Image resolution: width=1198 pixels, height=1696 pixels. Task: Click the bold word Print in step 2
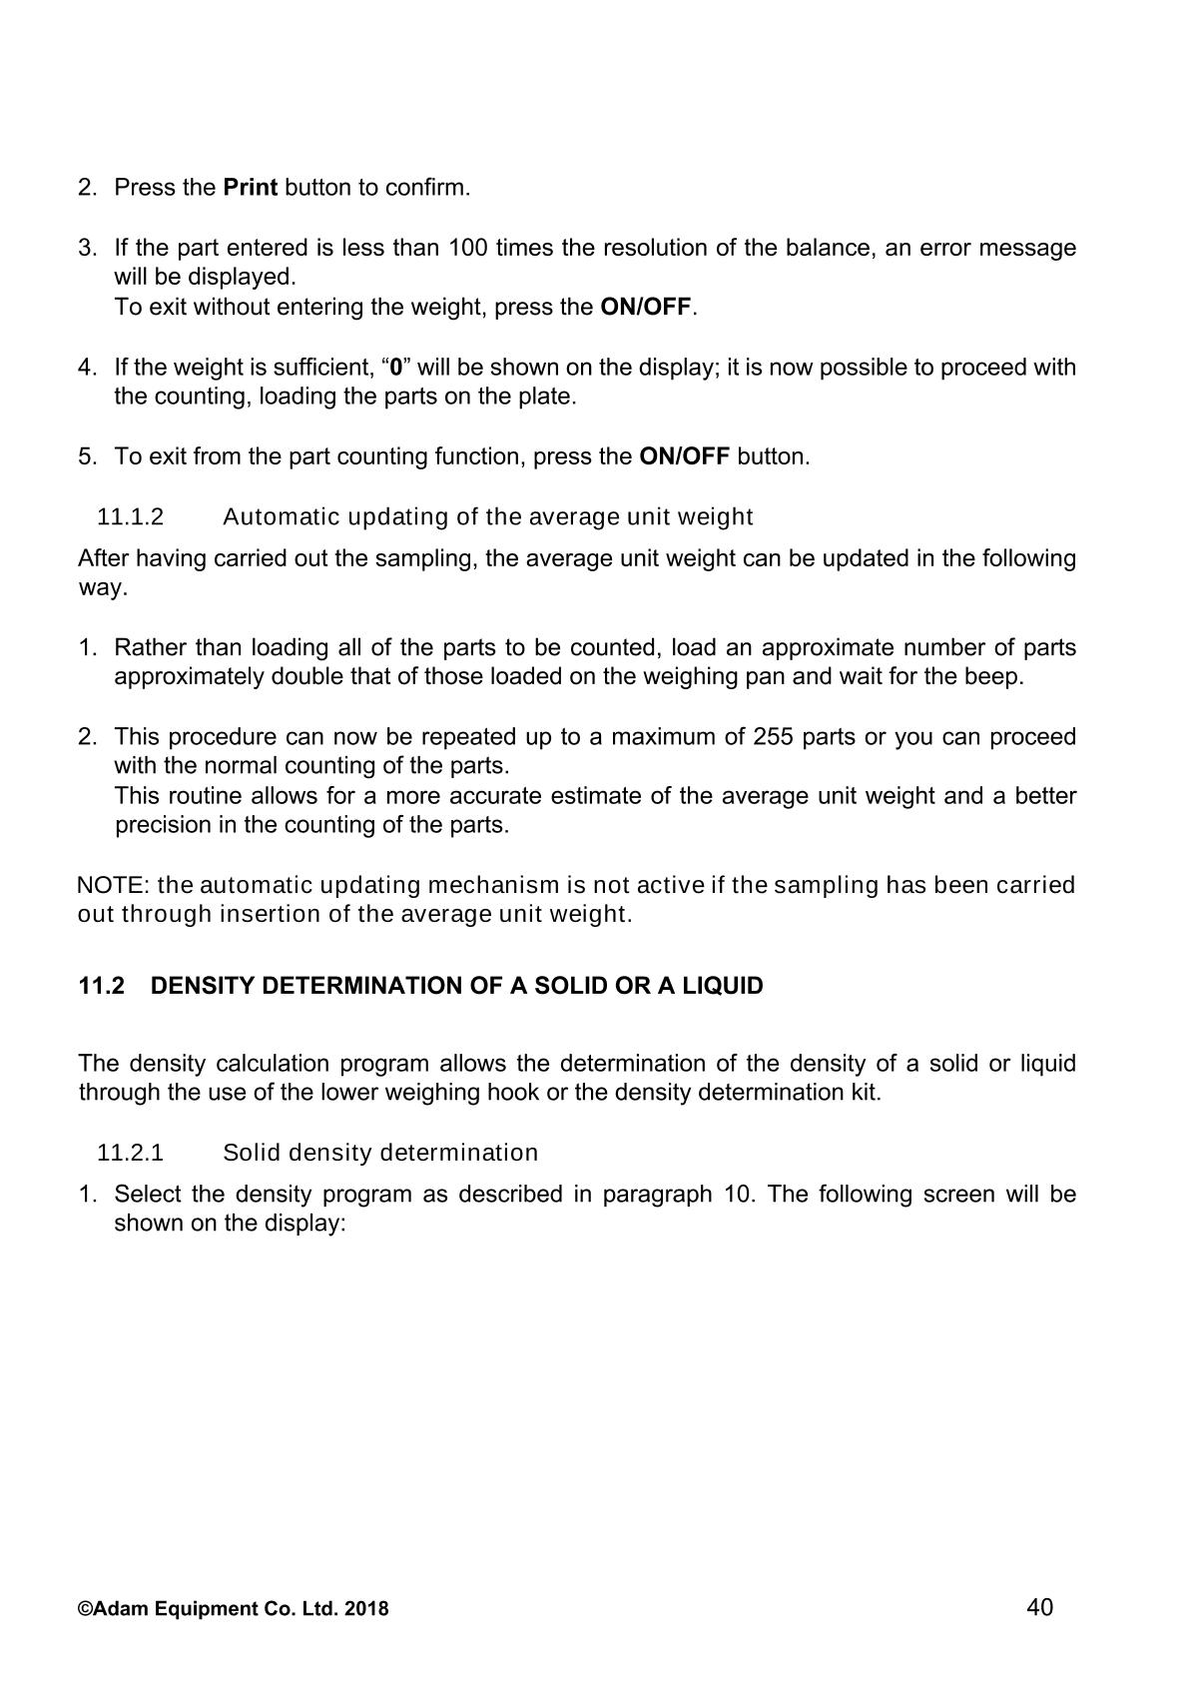click(250, 188)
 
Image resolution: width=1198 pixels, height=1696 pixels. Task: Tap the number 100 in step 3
click(467, 248)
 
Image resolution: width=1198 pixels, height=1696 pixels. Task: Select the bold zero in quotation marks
click(396, 368)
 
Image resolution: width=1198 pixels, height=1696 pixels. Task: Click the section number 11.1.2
click(130, 517)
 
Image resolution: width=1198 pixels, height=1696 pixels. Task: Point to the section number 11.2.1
click(130, 1153)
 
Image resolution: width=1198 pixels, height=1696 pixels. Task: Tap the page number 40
click(1039, 1607)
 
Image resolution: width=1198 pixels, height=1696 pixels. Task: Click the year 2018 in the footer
click(366, 1609)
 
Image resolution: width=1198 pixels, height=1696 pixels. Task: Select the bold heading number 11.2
click(102, 986)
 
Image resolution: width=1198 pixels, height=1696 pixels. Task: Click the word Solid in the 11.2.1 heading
click(251, 1153)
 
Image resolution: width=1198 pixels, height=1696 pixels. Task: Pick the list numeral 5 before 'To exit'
click(86, 457)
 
